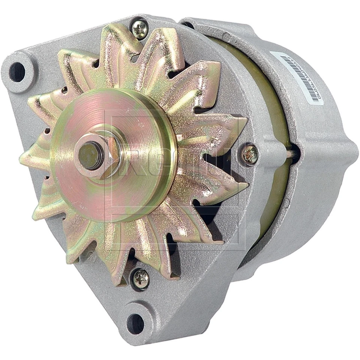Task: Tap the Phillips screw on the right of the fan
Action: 250,154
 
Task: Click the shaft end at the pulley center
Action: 89,155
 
